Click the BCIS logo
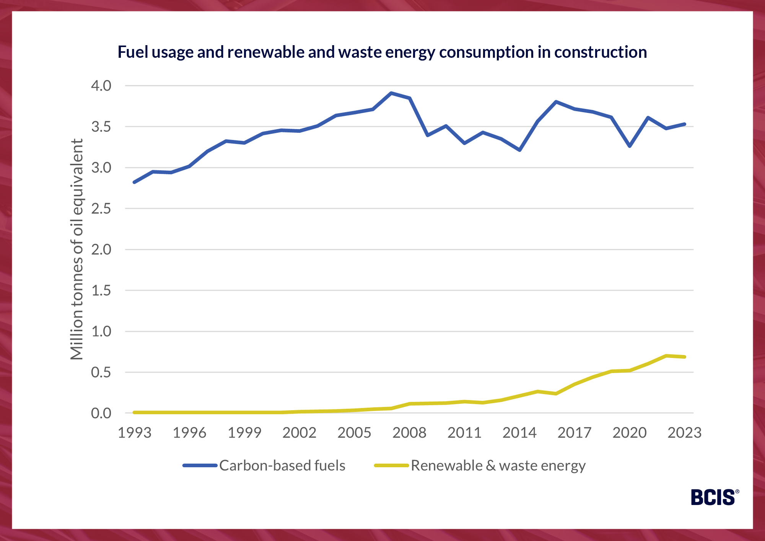click(714, 497)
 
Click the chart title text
click(382, 52)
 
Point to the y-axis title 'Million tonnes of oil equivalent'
click(77, 249)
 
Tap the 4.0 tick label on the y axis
click(101, 86)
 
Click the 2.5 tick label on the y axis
click(101, 209)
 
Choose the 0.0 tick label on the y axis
click(101, 413)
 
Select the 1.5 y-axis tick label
click(101, 290)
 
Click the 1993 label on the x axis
click(135, 433)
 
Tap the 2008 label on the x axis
click(409, 433)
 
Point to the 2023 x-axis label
click(684, 433)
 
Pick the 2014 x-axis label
click(519, 433)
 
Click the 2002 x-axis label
click(299, 433)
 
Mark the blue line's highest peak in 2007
click(391, 93)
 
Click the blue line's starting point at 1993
click(135, 182)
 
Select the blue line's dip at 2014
click(519, 150)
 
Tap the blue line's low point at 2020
click(630, 146)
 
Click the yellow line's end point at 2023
click(684, 357)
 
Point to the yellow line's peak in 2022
click(666, 356)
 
